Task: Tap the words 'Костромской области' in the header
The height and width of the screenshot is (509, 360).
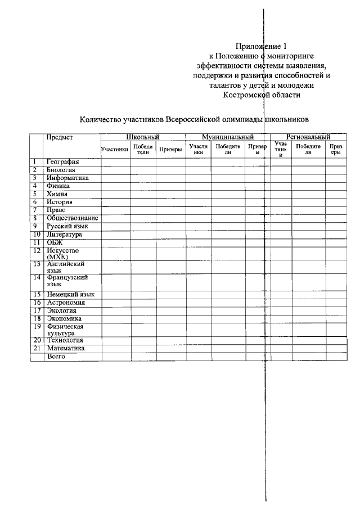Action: tap(262, 95)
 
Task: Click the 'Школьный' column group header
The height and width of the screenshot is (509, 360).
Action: tap(143, 137)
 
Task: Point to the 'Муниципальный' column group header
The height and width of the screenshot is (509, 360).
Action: tap(228, 137)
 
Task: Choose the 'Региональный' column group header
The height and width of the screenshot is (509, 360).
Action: tap(308, 137)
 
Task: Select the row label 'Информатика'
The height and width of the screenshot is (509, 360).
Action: tap(68, 178)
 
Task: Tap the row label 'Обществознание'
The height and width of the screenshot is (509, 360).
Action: tap(73, 218)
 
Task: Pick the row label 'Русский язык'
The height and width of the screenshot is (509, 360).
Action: tap(67, 226)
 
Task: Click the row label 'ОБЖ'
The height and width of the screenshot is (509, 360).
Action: tap(55, 242)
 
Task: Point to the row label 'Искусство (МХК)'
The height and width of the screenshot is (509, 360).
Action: tap(63, 253)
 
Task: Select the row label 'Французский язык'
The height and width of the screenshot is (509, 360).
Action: tap(67, 281)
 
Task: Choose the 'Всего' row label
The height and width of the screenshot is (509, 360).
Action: tap(56, 356)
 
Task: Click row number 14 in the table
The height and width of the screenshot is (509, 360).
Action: tap(37, 277)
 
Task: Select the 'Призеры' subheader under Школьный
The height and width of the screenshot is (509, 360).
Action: tap(170, 150)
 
